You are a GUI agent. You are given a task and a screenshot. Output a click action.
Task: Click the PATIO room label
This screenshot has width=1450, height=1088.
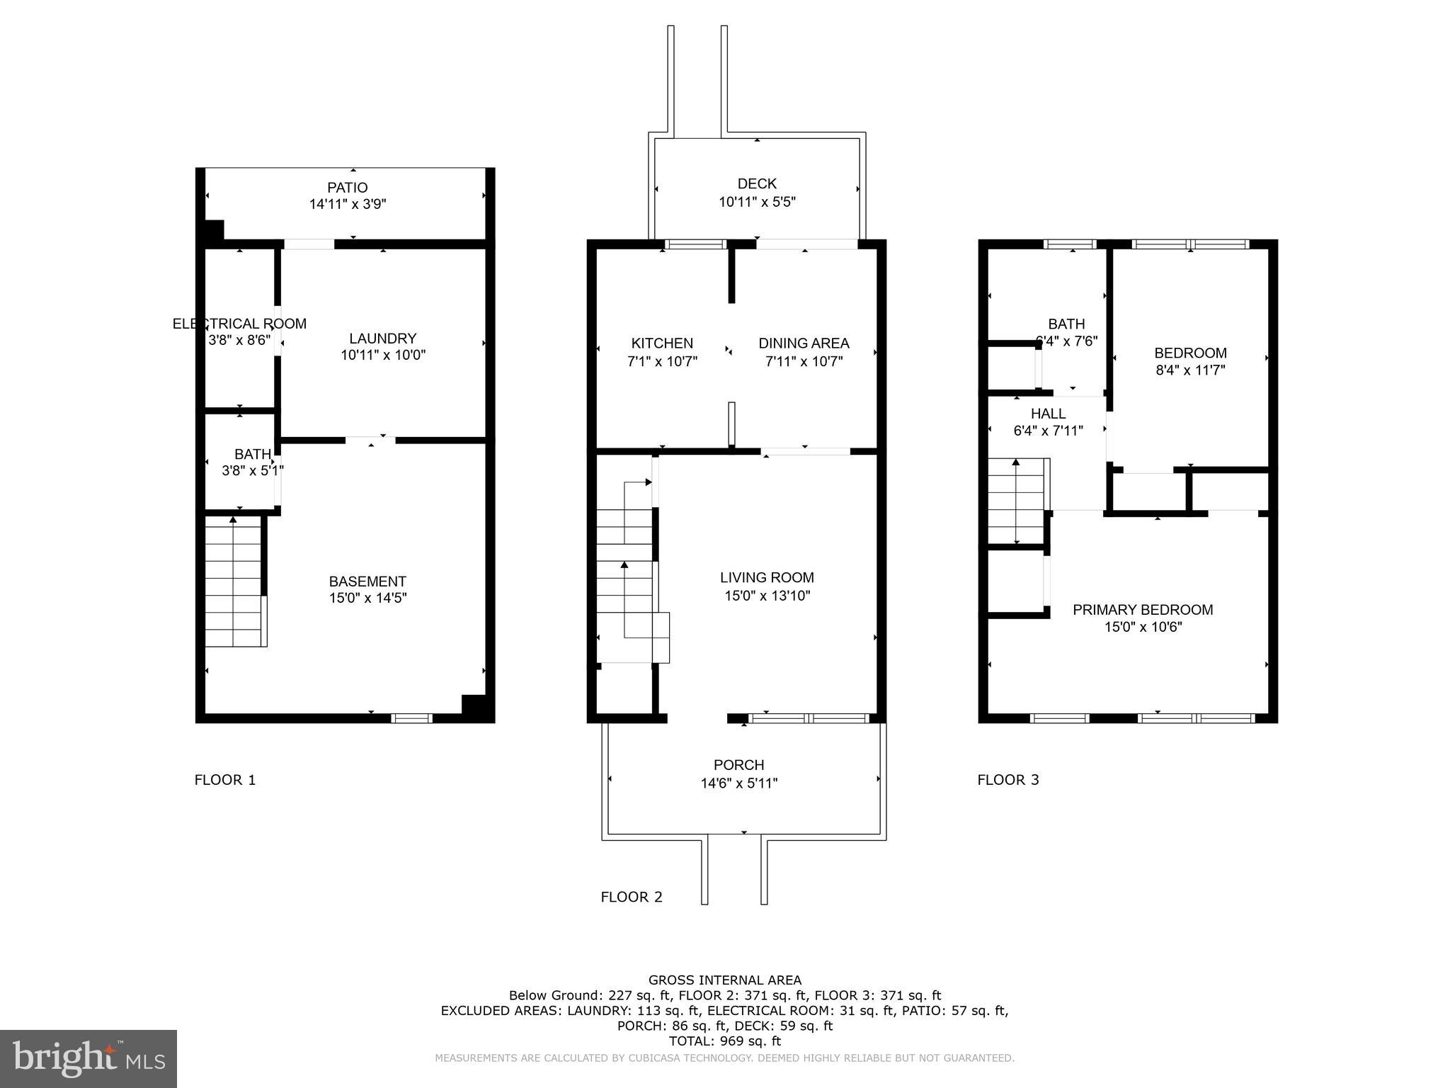pos(347,188)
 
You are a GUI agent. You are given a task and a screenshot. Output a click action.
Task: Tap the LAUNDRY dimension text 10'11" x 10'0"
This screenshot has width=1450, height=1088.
pos(382,355)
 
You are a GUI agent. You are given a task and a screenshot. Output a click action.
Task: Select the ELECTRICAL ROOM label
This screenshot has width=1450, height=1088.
pos(239,324)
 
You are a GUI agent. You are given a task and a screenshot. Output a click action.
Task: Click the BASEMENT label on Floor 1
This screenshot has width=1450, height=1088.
pos(367,582)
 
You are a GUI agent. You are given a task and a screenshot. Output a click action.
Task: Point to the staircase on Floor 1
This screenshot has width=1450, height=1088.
pos(235,581)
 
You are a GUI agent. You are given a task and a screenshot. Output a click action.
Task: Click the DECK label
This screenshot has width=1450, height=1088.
pos(757,183)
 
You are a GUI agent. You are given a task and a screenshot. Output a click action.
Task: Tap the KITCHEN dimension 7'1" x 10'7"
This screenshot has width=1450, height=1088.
pos(662,361)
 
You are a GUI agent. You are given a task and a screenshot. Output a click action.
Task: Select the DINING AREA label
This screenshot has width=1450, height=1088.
pos(804,344)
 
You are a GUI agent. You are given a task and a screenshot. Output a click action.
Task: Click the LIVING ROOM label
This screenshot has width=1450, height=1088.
pos(767,577)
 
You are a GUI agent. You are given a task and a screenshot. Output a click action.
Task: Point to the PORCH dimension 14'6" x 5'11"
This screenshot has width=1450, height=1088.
pos(738,783)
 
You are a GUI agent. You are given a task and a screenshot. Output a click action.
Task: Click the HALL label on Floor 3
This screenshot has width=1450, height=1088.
pos(1048,414)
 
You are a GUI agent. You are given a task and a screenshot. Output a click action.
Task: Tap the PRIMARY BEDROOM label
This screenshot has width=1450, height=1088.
pos(1142,610)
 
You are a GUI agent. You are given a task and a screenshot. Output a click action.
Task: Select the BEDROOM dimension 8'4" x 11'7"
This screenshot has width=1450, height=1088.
pos(1190,370)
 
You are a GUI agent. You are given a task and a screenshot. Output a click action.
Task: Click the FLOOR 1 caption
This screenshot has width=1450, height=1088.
pos(225,780)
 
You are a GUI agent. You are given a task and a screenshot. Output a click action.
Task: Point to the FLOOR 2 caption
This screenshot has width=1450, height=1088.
pos(632,897)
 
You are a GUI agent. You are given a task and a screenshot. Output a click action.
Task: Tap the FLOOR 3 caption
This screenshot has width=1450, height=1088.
pos(1008,780)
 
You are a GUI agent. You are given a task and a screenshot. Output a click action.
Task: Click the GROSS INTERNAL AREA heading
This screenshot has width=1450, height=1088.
pos(725,980)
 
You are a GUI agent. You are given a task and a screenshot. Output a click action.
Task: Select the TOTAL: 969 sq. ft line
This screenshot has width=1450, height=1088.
pos(725,1041)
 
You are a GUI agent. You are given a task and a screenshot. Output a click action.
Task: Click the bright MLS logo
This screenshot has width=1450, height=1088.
pos(89,1059)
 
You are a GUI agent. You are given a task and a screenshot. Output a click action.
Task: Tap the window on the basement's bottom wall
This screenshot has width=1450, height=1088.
pos(412,718)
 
